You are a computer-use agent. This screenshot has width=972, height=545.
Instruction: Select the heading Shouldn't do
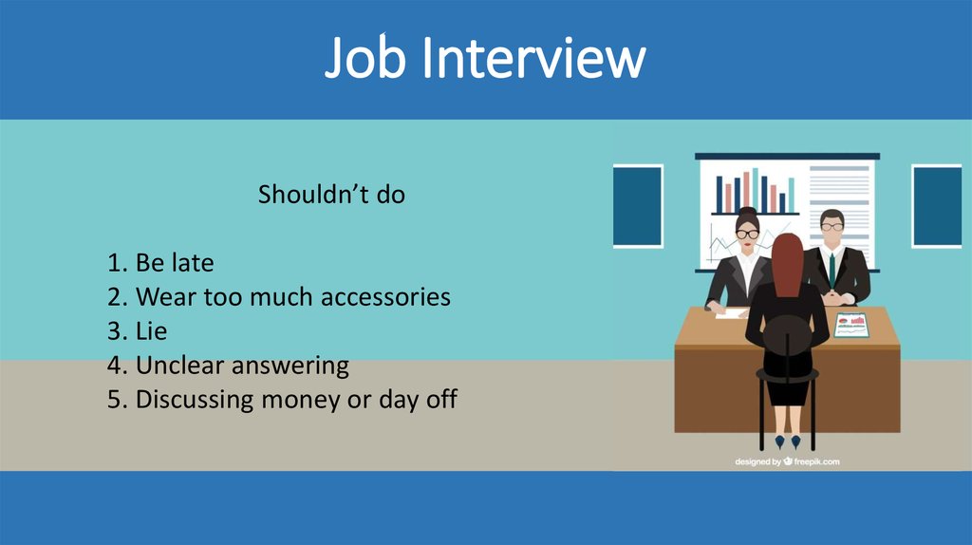[331, 195]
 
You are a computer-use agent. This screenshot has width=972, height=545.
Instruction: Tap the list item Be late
[174, 263]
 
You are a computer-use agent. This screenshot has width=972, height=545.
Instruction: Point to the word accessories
[385, 297]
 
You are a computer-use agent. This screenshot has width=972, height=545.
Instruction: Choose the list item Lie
[151, 331]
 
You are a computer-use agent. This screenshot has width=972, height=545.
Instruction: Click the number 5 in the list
[114, 399]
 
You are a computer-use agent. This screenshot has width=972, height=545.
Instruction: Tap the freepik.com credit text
[787, 461]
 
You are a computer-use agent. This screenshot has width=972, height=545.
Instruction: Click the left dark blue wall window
[637, 205]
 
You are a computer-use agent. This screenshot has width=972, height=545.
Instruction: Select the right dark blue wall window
[936, 205]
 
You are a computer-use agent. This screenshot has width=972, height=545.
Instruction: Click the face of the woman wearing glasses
[748, 234]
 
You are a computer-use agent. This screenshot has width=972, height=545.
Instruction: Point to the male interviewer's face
[832, 227]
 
